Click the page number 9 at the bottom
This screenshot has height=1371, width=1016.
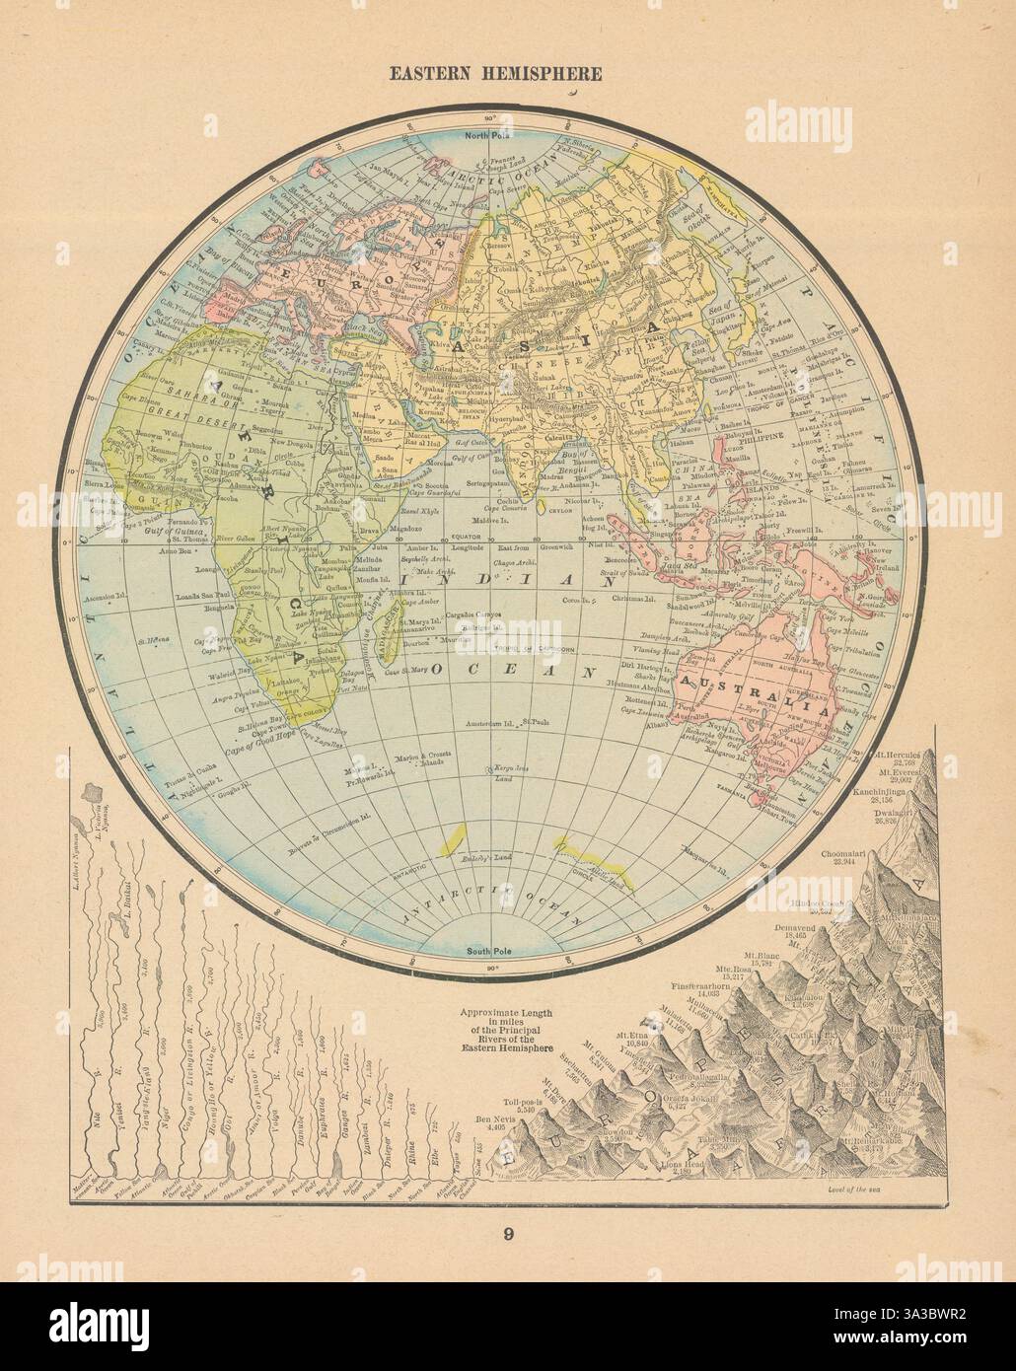pos(508,1230)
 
